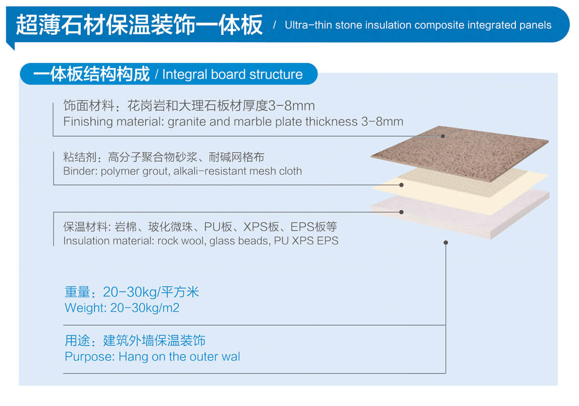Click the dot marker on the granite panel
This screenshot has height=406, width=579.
click(442, 136)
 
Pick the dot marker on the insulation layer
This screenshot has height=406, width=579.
click(401, 212)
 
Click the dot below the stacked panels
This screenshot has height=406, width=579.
click(445, 242)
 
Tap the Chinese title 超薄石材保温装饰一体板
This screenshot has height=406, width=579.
click(139, 24)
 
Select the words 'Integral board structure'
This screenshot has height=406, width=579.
click(233, 74)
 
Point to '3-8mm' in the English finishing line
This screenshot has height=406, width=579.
click(382, 121)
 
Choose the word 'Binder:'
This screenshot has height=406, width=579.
click(80, 171)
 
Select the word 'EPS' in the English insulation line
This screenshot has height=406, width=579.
click(328, 240)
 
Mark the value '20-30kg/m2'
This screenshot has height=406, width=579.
click(145, 308)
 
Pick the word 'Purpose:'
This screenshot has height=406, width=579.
click(89, 357)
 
